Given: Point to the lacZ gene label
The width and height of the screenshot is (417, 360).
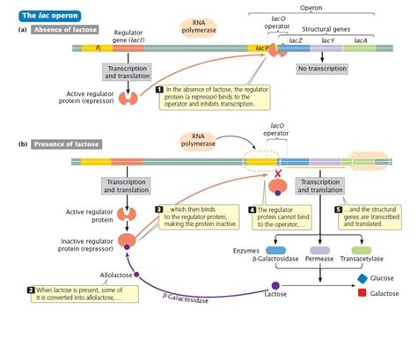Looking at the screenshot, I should [x=296, y=41].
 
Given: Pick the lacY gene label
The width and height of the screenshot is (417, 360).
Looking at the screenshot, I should [x=327, y=41].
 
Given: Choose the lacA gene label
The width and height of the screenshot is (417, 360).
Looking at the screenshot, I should [x=361, y=41].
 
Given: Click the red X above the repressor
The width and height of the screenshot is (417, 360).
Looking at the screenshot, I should [x=278, y=176].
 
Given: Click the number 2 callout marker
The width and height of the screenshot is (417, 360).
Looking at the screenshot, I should [x=32, y=290].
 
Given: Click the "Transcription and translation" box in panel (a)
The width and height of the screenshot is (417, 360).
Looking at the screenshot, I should [x=128, y=72].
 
